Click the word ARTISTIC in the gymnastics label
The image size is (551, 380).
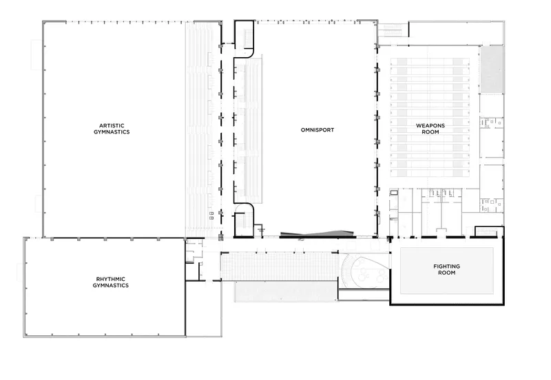point(112,125)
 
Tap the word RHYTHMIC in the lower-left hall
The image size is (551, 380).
point(111,279)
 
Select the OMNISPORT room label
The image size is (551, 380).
point(318,130)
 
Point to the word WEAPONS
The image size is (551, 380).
point(430,125)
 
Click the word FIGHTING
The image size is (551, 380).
point(446,266)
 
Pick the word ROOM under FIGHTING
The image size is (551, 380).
point(446,273)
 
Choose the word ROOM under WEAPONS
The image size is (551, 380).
point(430,132)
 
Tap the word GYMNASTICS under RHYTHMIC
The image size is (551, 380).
point(111,286)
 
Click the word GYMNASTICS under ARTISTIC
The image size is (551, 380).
point(112,132)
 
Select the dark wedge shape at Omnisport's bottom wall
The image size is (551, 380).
point(316,233)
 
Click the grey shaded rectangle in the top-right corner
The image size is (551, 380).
point(492,70)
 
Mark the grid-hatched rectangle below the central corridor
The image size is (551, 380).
point(280,266)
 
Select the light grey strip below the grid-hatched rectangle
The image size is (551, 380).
point(286,291)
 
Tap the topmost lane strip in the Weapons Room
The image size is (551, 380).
point(430,61)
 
